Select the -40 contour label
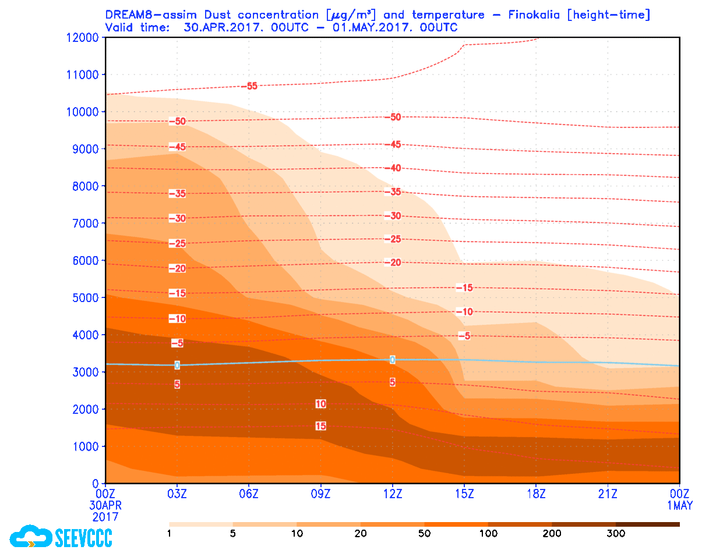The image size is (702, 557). pos(395,168)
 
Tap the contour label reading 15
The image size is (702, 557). pos(320,426)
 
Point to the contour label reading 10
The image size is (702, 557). pos(320,404)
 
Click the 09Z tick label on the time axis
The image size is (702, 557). pos(321,494)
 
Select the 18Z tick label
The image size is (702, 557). pos(536,494)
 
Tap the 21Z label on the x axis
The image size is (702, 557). pos(608,494)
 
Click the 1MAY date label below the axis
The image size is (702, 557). pos(680,505)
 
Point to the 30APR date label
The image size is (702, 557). pos(106,505)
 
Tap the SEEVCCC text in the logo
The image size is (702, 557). pos(83,537)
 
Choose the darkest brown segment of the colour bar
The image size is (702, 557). pos(647,524)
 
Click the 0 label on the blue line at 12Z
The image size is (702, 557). pos(393,360)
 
